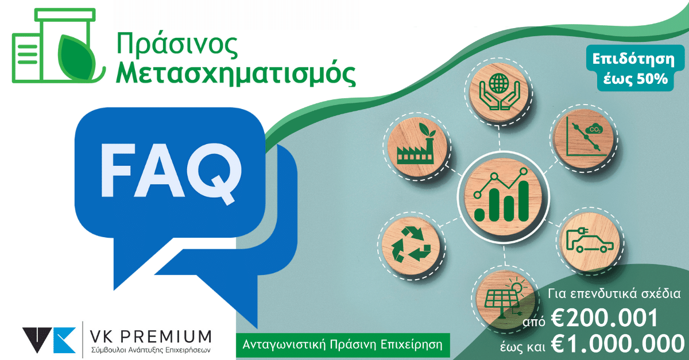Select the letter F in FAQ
click(x=118, y=170)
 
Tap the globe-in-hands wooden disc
click(x=499, y=92)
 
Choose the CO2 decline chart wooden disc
click(x=584, y=139)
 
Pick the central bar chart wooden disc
click(x=503, y=198)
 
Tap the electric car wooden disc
click(x=590, y=242)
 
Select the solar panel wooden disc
click(x=505, y=299)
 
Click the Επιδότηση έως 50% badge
click(x=635, y=68)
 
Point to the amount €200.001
click(x=604, y=318)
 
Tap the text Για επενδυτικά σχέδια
click(x=614, y=294)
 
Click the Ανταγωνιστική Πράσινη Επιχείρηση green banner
click(x=343, y=345)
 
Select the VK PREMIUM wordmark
click(x=150, y=336)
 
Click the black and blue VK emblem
click(x=49, y=340)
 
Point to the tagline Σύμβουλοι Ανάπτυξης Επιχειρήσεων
click(x=150, y=350)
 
